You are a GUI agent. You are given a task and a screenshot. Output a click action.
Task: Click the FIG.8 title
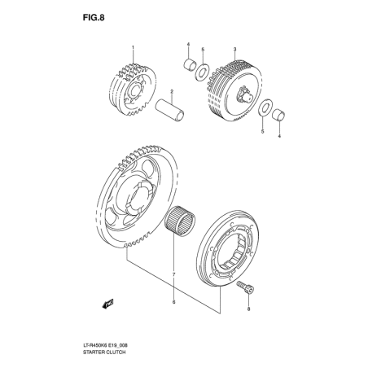pyautogui.click(x=94, y=18)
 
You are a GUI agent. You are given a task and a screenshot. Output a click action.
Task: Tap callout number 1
pyautogui.click(x=133, y=47)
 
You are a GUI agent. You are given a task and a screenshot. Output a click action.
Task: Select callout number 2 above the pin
pyautogui.click(x=172, y=92)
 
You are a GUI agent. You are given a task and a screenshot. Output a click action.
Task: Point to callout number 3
pyautogui.click(x=235, y=49)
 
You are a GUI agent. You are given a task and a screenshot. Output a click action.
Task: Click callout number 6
pyautogui.click(x=174, y=301)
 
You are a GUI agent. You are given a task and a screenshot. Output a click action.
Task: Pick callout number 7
pyautogui.click(x=173, y=274)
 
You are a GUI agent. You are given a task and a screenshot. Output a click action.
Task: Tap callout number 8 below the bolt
pyautogui.click(x=248, y=309)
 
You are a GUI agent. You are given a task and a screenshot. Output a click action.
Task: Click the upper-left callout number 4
pyautogui.click(x=188, y=44)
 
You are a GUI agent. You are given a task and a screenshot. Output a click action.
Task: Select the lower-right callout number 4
pyautogui.click(x=279, y=136)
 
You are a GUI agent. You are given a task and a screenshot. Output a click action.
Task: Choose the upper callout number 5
pyautogui.click(x=203, y=49)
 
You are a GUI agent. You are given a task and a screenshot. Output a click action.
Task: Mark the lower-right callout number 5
pyautogui.click(x=262, y=132)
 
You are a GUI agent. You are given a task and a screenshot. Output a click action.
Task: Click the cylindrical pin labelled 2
pyautogui.click(x=169, y=111)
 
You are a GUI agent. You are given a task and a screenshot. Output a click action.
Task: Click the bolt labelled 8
pyautogui.click(x=245, y=287)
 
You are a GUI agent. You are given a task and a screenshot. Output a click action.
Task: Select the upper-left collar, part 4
pyautogui.click(x=189, y=65)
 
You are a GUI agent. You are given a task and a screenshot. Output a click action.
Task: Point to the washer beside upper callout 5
pyautogui.click(x=202, y=72)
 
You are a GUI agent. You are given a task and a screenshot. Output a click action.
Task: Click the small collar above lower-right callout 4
pyautogui.click(x=278, y=116)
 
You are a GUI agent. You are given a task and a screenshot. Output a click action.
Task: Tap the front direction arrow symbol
pyautogui.click(x=107, y=304)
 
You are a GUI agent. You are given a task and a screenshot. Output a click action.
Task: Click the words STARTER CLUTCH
pyautogui.click(x=104, y=352)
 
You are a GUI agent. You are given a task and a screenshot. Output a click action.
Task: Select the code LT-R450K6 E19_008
pyautogui.click(x=105, y=345)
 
